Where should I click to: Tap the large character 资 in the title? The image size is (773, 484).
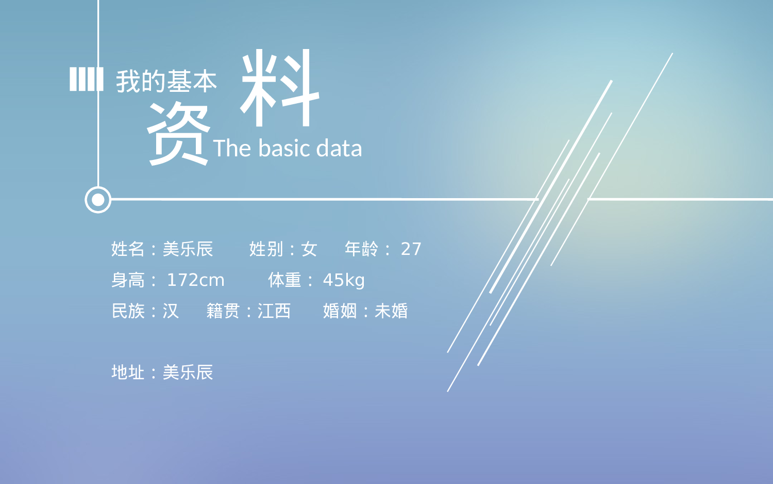[178, 133]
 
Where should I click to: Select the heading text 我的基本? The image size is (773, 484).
[166, 82]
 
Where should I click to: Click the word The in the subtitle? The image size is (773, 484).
[232, 149]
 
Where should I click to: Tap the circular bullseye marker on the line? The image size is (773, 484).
[98, 200]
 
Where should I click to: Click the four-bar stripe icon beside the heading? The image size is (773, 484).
[86, 79]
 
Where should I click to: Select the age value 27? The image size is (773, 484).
[411, 249]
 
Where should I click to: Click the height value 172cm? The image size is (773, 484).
[195, 280]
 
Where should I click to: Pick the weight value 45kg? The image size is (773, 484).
[344, 280]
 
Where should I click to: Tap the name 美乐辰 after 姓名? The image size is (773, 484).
[188, 249]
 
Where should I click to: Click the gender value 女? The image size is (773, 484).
[309, 249]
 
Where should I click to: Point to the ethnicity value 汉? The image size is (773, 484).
[171, 311]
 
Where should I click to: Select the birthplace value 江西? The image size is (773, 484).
[274, 311]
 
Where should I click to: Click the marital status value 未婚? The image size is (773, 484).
[391, 311]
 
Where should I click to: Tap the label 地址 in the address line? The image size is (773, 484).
[128, 373]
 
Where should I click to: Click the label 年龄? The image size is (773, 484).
[361, 249]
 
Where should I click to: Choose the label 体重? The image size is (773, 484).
[284, 280]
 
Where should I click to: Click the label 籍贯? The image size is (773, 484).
[223, 311]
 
